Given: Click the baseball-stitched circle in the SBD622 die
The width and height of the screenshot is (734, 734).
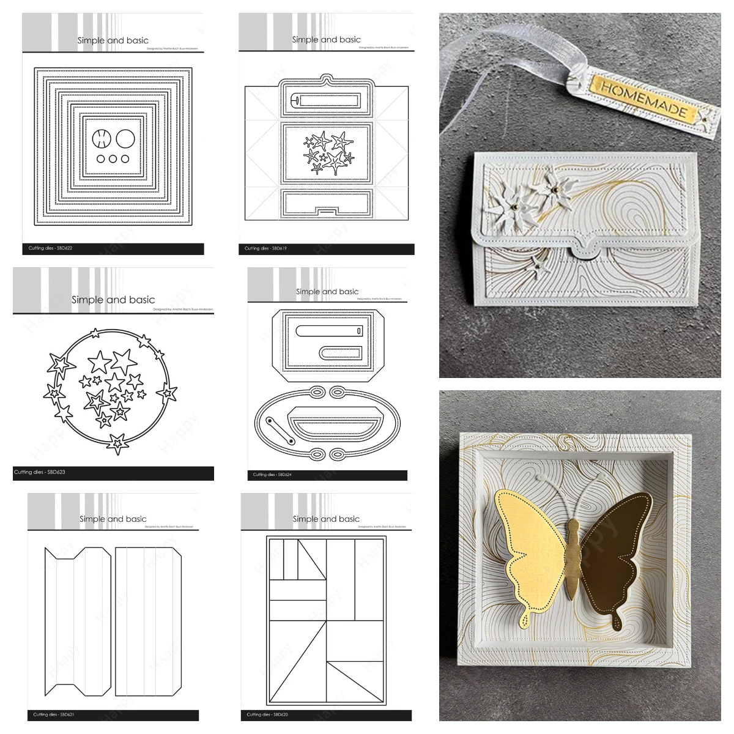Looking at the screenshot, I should tap(100, 139).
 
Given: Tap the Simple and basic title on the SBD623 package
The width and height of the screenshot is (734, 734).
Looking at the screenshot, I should tap(113, 300).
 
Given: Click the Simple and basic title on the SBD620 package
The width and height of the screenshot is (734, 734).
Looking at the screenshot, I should tap(326, 519).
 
